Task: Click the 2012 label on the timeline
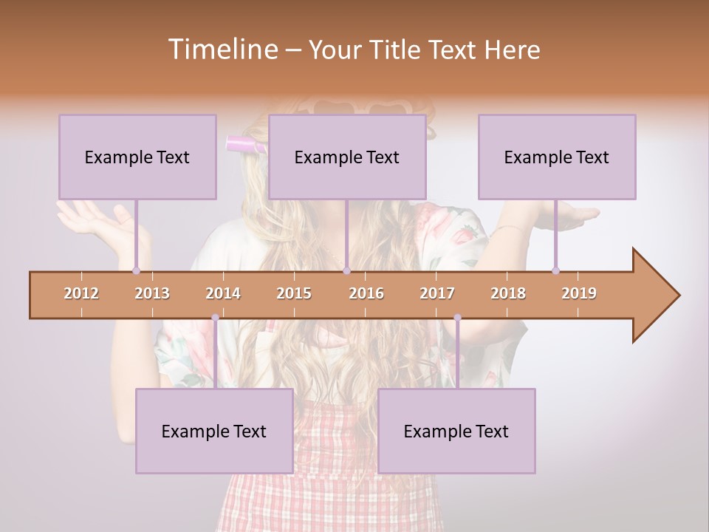coord(81,293)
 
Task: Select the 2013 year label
coord(152,293)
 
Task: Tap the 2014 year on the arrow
coord(223,293)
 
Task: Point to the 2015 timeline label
coord(294,293)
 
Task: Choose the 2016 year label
coord(366,293)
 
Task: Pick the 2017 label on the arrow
coord(437,293)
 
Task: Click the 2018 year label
coord(508,293)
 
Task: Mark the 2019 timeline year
coord(579,293)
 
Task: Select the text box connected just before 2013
coord(137,157)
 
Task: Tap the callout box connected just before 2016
coord(347,157)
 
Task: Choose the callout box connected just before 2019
coord(557,157)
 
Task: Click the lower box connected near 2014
coord(214,431)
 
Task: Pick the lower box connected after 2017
coord(456,431)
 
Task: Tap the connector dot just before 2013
coord(136,270)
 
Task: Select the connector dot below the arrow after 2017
coord(457,318)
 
